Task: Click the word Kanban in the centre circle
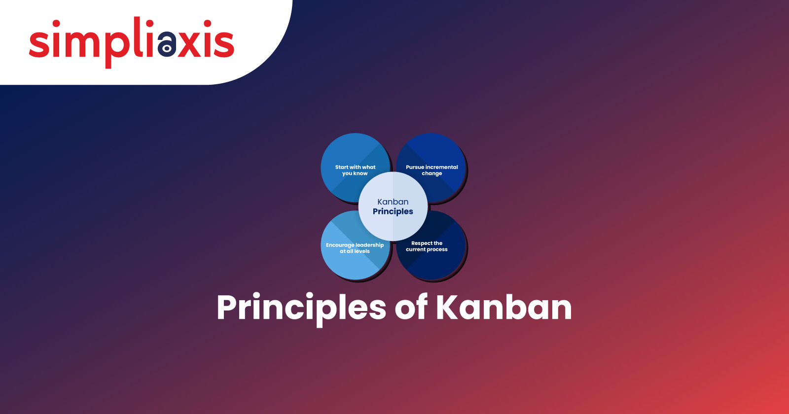coord(393,202)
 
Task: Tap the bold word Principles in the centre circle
coord(393,211)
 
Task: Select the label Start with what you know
coord(355,170)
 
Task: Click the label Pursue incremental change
coord(432,170)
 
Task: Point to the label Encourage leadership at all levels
coord(355,248)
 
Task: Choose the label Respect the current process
coord(427,246)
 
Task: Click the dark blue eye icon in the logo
coord(167,44)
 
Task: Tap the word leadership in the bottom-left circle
coord(369,245)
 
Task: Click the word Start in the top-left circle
coord(341,167)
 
